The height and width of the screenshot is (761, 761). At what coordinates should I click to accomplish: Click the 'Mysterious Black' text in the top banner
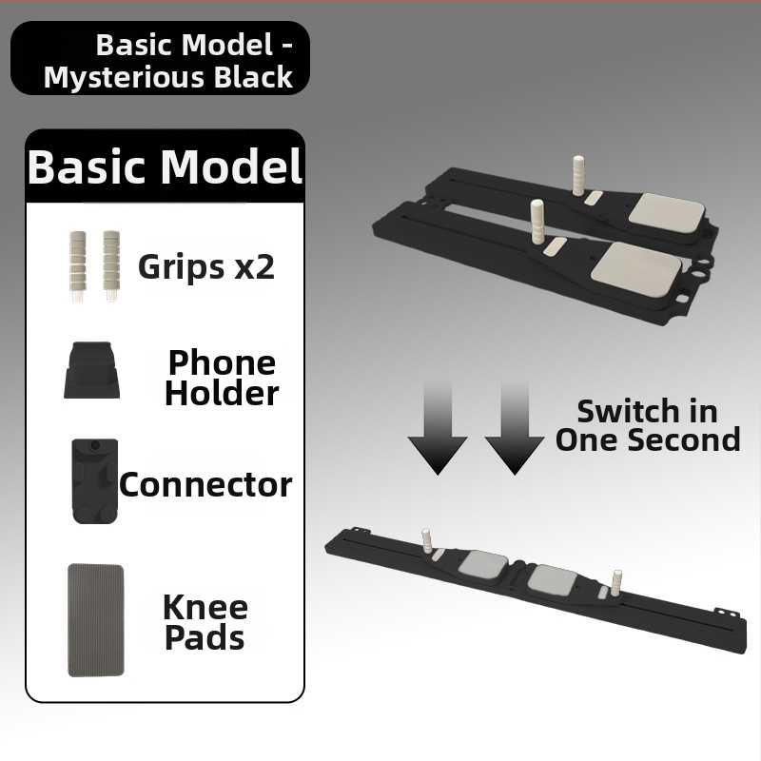168,77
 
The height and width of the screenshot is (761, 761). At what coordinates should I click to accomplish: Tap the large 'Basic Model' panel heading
165,166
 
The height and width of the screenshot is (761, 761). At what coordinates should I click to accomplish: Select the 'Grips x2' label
206,266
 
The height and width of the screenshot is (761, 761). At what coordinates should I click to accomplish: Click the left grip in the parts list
78,266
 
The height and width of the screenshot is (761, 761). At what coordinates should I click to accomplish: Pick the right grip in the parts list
111,266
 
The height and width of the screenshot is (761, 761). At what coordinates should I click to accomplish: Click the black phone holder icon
91,370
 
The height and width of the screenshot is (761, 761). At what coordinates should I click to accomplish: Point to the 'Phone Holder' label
222,377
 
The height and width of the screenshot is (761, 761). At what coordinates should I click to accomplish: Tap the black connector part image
95,481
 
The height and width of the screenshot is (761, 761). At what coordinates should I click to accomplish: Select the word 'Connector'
205,485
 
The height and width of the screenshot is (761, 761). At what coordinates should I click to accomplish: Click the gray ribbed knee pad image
96,620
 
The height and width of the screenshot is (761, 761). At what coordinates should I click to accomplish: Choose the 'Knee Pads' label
205,622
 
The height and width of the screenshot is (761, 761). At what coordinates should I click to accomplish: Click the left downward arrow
438,427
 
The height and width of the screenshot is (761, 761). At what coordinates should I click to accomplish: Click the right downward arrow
515,427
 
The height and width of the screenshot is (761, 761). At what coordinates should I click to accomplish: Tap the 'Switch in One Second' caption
648,425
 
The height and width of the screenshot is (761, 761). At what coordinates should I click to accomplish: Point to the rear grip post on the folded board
578,176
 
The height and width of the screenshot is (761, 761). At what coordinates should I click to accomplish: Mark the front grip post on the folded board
537,221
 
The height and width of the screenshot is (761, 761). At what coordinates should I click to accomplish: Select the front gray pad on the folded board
635,267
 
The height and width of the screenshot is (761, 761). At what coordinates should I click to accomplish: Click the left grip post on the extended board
427,539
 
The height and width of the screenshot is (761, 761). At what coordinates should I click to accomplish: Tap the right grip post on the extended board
616,581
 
